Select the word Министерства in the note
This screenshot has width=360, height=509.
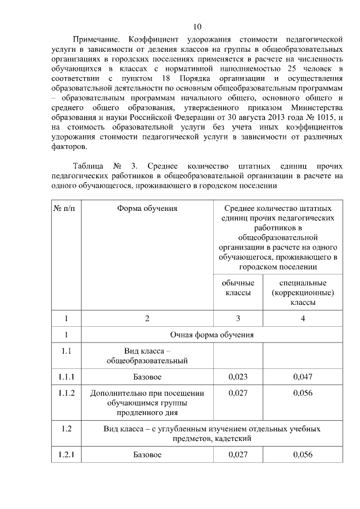coord(316,107)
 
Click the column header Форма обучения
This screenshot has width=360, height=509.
coord(147,209)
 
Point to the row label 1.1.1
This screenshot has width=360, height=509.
coord(66,377)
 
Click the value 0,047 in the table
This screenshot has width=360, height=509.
coord(303,377)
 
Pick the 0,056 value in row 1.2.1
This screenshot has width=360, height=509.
coord(303,454)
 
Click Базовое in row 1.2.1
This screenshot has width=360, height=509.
coord(147,454)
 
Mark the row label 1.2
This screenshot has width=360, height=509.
coord(66,429)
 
